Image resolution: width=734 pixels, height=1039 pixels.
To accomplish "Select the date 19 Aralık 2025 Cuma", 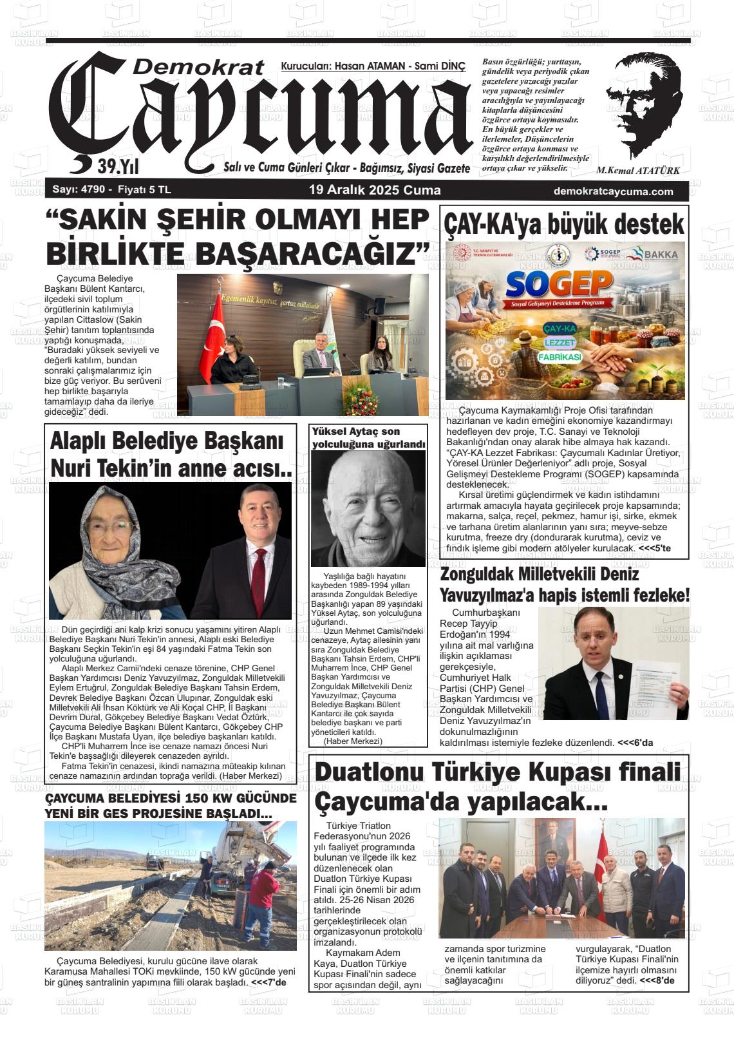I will point(375,190).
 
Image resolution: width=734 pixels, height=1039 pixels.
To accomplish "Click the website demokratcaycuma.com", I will point(613,191).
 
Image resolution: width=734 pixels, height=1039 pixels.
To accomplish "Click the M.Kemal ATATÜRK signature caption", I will point(637,171).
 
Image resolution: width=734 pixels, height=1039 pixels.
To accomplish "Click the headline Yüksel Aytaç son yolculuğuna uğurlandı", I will point(368,437).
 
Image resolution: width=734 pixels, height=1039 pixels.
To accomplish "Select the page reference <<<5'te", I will point(654,548).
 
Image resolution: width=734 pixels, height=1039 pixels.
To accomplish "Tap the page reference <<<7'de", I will point(268,982).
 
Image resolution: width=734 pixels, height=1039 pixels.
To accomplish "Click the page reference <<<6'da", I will point(635,742).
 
